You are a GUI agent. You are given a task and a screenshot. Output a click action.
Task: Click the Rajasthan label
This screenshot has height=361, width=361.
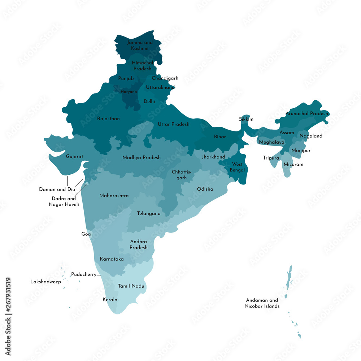click(108, 118)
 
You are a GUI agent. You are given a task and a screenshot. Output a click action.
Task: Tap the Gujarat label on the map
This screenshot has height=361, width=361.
click(74, 157)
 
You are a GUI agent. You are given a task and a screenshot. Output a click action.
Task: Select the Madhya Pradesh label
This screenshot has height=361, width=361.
click(142, 157)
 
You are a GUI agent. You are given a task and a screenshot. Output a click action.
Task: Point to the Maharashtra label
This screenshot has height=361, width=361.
click(114, 196)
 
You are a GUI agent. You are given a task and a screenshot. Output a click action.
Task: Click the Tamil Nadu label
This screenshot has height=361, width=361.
click(131, 286)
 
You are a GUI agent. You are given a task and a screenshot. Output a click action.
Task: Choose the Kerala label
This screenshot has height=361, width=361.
click(110, 300)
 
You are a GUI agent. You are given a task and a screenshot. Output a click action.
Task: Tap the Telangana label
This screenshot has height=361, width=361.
click(149, 213)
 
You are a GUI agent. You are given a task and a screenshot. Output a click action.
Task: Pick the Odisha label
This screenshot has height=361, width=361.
click(205, 189)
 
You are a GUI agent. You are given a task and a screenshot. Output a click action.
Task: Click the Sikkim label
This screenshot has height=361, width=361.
click(246, 119)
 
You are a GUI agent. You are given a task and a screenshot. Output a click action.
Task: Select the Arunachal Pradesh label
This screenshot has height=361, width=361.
click(307, 113)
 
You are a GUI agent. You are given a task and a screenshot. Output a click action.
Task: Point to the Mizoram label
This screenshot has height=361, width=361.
click(293, 164)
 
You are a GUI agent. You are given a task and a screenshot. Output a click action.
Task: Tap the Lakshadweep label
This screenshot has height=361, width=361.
click(45, 282)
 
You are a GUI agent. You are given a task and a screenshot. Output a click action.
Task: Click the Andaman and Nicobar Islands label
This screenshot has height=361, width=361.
click(262, 303)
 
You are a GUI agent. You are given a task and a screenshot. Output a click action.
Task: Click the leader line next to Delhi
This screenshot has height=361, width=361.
click(140, 101)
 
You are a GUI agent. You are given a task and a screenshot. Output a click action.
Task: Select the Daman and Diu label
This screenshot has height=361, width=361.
click(53, 189)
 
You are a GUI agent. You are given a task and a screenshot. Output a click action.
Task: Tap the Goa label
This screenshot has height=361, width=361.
click(86, 234)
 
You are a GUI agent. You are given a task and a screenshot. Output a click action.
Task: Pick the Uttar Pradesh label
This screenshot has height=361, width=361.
click(173, 124)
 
